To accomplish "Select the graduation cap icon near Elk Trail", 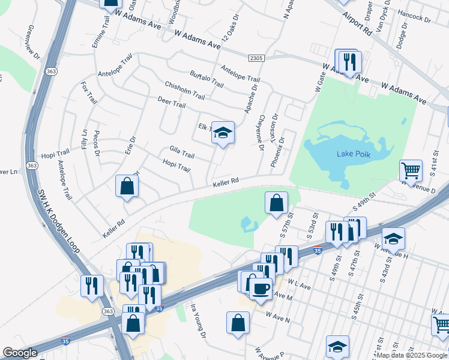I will [x=222, y=133].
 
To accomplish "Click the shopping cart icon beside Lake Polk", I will [x=411, y=170].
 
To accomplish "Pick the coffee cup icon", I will [x=261, y=289].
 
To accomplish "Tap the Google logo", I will [x=20, y=353].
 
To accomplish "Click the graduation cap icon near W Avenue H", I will [x=393, y=239].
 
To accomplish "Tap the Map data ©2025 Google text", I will [x=411, y=355].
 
